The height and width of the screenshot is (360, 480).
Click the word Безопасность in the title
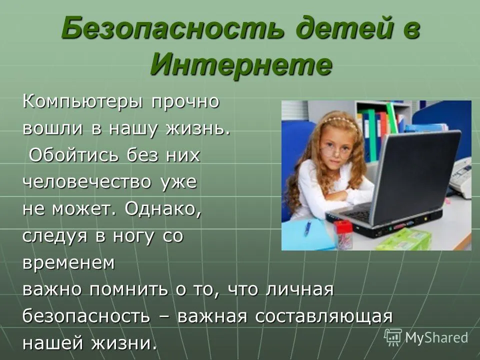click(172, 29)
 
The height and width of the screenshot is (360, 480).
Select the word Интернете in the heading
click(241, 65)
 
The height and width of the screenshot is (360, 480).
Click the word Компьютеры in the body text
click(82, 102)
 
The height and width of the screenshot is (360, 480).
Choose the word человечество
click(87, 182)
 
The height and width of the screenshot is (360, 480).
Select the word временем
click(68, 262)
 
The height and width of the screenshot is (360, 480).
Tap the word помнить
click(128, 289)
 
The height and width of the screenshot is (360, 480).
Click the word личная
click(299, 289)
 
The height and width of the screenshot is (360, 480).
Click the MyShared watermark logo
click(426, 337)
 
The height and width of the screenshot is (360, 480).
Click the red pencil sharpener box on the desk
click(343, 234)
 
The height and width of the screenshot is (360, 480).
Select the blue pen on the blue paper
click(307, 228)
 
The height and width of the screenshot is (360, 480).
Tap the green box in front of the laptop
click(403, 239)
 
